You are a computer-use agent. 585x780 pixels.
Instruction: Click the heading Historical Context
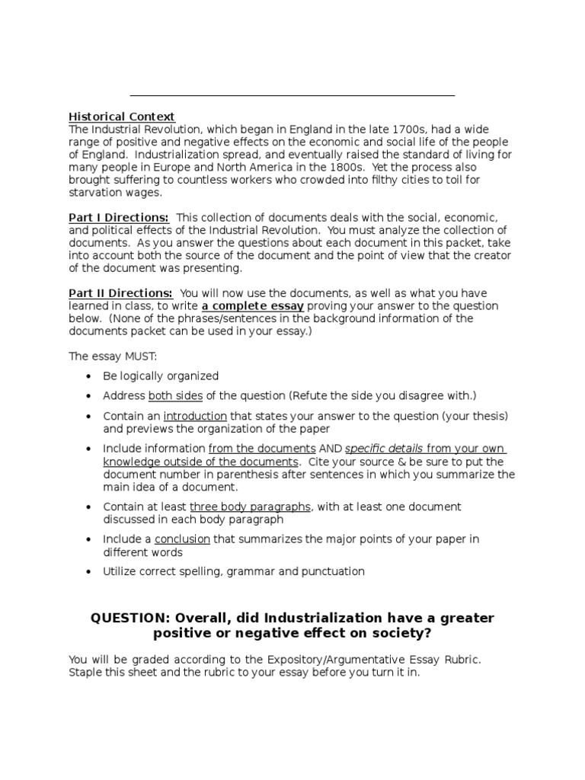pyautogui.click(x=122, y=117)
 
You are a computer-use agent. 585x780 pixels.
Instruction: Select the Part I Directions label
pyautogui.click(x=119, y=218)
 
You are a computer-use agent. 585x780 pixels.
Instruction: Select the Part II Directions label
pyautogui.click(x=121, y=293)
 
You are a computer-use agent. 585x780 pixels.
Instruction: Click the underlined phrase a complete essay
pyautogui.click(x=253, y=306)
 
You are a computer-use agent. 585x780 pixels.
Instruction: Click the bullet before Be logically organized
pyautogui.click(x=89, y=376)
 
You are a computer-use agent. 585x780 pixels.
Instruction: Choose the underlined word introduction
pyautogui.click(x=195, y=416)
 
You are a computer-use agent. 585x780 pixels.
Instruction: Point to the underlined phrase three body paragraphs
pyautogui.click(x=250, y=507)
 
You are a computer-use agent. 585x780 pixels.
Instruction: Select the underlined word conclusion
pyautogui.click(x=182, y=539)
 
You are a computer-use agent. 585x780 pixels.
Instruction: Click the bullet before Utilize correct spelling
pyautogui.click(x=89, y=571)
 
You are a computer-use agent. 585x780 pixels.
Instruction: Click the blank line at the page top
pyautogui.click(x=292, y=95)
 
